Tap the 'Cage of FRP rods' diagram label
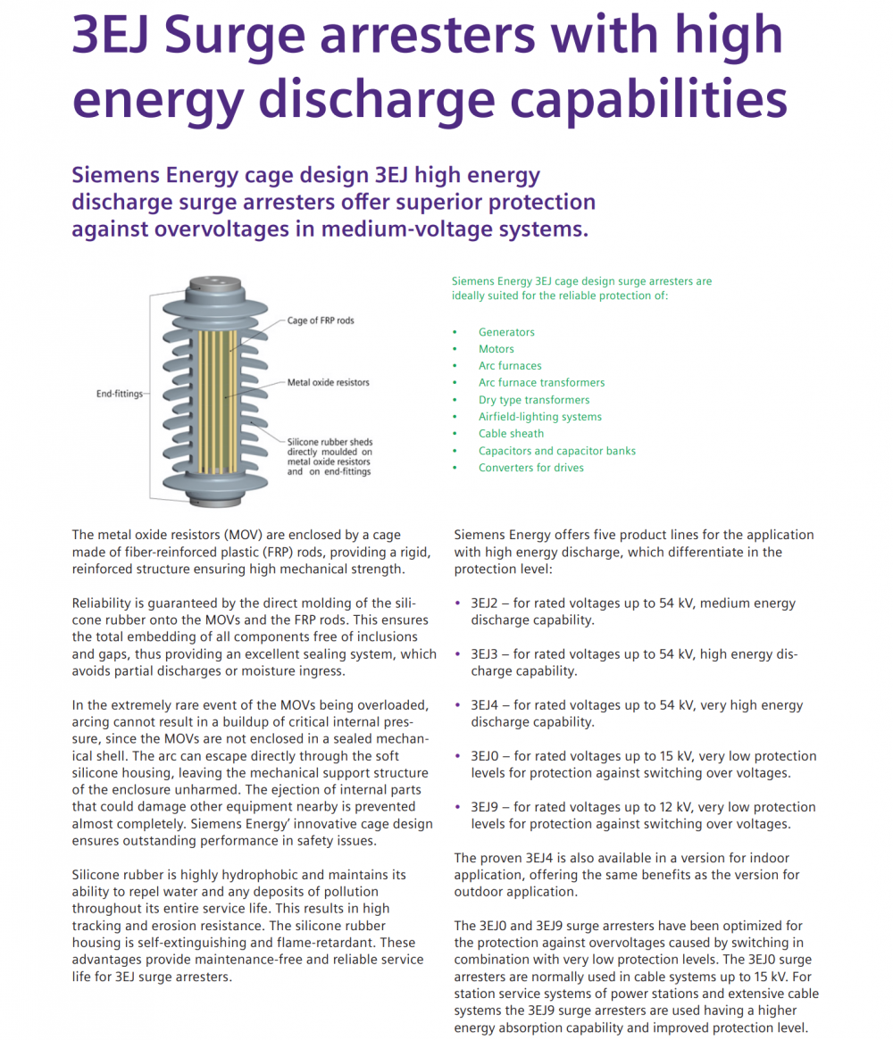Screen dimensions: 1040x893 coord(320,320)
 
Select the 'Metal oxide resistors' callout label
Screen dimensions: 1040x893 coord(328,383)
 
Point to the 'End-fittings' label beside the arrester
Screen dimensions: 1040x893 coord(119,393)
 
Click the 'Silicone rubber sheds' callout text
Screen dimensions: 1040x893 coord(330,442)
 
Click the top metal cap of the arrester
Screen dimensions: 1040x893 coord(215,285)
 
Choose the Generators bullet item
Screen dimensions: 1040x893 coord(506,332)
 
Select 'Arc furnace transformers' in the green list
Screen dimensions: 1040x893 coord(541,383)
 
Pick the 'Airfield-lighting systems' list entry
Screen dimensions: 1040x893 coord(539,417)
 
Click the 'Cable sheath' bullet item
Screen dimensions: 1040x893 coord(511,434)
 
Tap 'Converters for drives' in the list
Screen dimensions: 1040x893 coord(530,468)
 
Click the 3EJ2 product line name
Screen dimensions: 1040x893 coord(488,603)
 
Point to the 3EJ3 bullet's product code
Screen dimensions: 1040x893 coord(488,654)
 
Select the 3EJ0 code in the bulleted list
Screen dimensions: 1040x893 coord(488,756)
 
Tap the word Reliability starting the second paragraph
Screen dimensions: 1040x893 coord(103,603)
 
